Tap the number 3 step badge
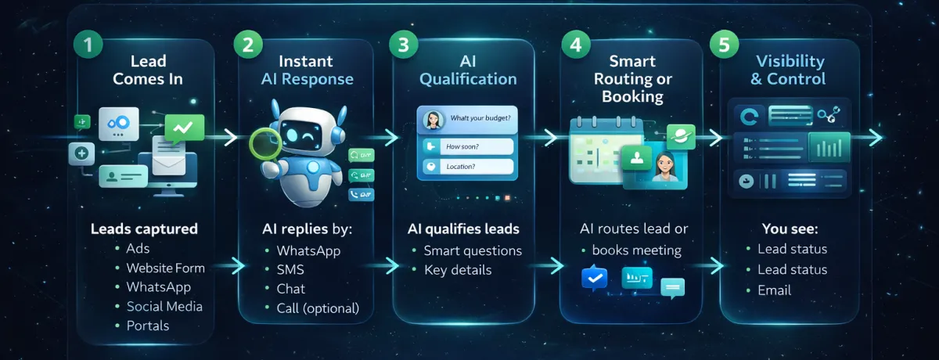(403, 45)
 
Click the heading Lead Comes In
(147, 69)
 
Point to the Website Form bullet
(165, 268)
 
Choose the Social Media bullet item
(164, 306)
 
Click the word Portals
(148, 326)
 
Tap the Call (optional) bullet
(318, 308)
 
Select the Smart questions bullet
(472, 250)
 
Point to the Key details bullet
(458, 270)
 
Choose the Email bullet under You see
(774, 290)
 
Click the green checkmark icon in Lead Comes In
(185, 126)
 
